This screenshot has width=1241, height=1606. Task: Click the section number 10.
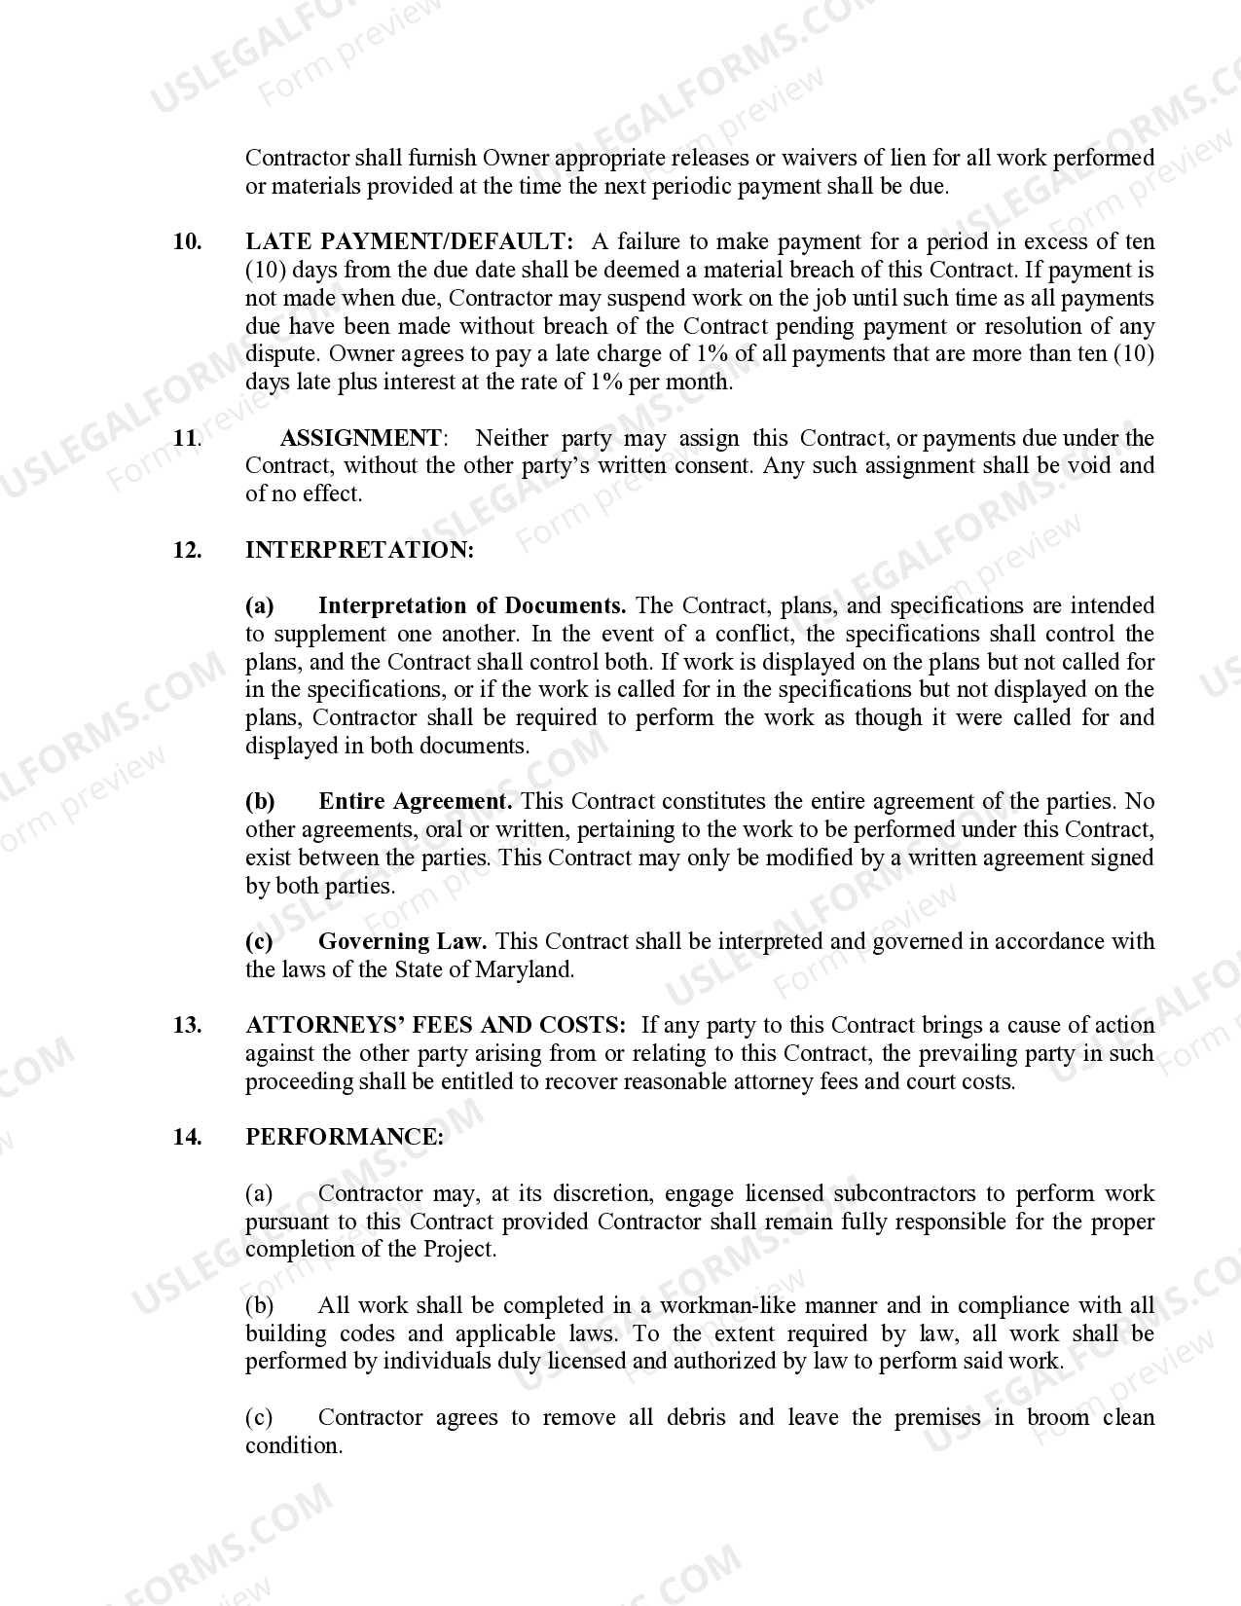(x=187, y=242)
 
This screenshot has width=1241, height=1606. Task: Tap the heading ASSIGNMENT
(x=360, y=439)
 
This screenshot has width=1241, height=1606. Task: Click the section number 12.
(x=187, y=551)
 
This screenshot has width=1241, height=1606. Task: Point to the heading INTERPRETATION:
(x=359, y=551)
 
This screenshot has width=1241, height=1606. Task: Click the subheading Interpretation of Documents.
(x=472, y=606)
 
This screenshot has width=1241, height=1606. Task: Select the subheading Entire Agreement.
(x=416, y=802)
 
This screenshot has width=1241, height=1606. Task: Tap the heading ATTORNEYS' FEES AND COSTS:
(x=436, y=1026)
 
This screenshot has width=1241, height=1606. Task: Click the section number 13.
(x=187, y=1026)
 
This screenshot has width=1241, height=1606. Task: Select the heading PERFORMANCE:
(x=345, y=1138)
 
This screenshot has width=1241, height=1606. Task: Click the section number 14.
(x=187, y=1138)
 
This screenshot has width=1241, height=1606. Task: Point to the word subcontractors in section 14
(x=905, y=1194)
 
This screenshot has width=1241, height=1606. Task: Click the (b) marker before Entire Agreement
(x=260, y=802)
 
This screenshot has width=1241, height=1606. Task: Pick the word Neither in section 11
(x=512, y=439)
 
